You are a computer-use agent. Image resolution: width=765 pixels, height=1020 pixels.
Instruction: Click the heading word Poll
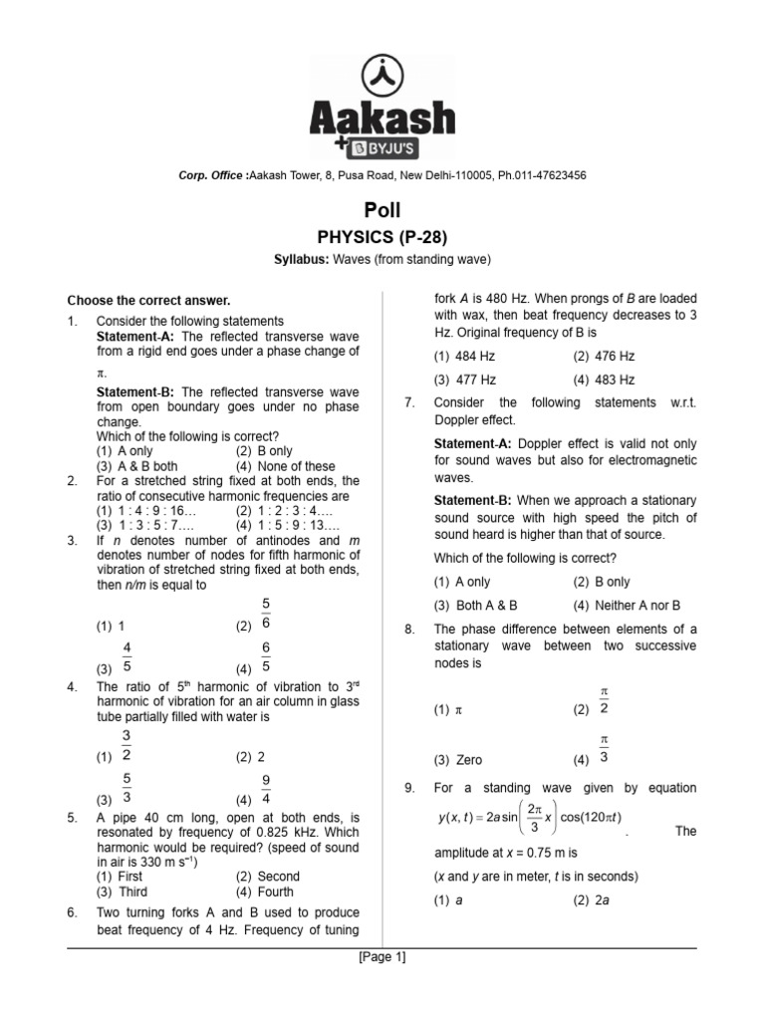point(382,210)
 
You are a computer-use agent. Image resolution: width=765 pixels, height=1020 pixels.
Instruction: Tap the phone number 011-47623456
point(540,175)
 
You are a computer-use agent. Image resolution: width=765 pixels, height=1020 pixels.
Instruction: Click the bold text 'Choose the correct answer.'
point(148,300)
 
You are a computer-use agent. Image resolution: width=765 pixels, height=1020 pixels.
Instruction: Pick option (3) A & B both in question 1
point(138,465)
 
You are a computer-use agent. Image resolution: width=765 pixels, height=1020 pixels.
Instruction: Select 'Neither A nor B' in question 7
point(628,605)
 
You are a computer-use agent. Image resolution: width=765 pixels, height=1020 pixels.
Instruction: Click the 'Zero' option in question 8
point(458,759)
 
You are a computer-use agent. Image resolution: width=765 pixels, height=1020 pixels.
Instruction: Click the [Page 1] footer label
point(382,958)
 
